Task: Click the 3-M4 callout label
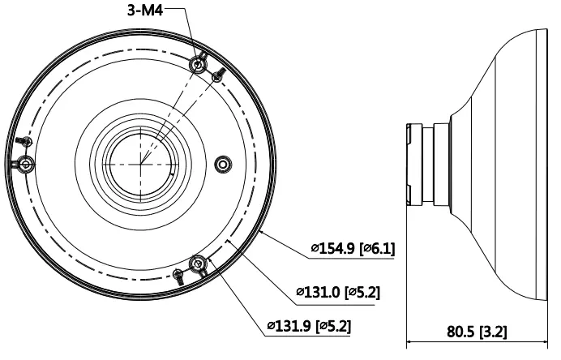tap(145, 10)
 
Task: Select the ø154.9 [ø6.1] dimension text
tap(353, 247)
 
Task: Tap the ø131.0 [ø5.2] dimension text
tap(338, 292)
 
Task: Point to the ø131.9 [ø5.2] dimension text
tap(309, 326)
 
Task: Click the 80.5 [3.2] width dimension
tap(477, 332)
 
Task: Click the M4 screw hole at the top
tap(198, 65)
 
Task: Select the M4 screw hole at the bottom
tap(198, 264)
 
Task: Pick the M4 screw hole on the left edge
tap(25, 165)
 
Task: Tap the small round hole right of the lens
tap(223, 165)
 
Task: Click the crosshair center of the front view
tap(141, 165)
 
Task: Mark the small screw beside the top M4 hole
tap(218, 75)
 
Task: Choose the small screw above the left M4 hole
tap(24, 141)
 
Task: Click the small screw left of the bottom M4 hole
tap(178, 276)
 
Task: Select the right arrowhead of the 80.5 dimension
tap(545, 342)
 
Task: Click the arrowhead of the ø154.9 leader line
tap(262, 233)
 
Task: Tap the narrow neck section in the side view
tap(428, 165)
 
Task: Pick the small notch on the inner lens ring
tap(173, 175)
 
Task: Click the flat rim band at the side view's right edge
tap(542, 165)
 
